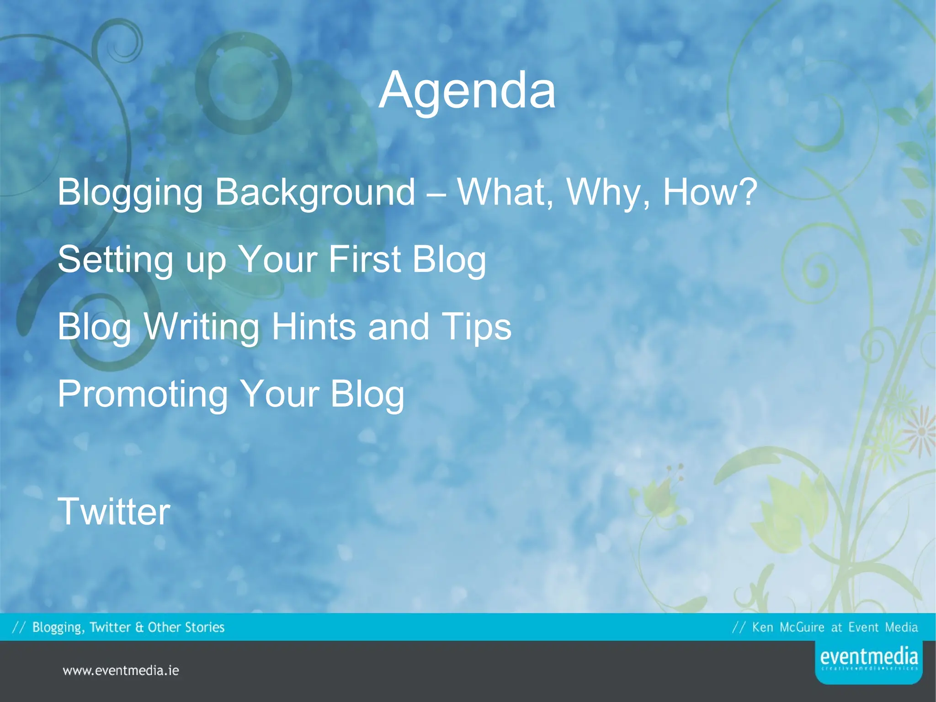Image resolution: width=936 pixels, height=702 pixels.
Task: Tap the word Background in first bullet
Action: click(x=315, y=192)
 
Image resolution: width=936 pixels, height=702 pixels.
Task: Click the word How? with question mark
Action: click(x=710, y=192)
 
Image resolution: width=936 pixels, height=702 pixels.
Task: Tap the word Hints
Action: click(x=314, y=327)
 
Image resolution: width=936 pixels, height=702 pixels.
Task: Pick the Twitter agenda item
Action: click(x=114, y=511)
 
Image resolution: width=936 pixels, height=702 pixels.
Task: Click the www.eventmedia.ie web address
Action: click(x=121, y=670)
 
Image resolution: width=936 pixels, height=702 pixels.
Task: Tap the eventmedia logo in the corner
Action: click(x=868, y=661)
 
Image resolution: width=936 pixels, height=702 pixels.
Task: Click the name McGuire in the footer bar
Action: click(x=802, y=627)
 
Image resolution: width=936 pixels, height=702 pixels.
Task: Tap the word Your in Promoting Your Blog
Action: click(x=279, y=394)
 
